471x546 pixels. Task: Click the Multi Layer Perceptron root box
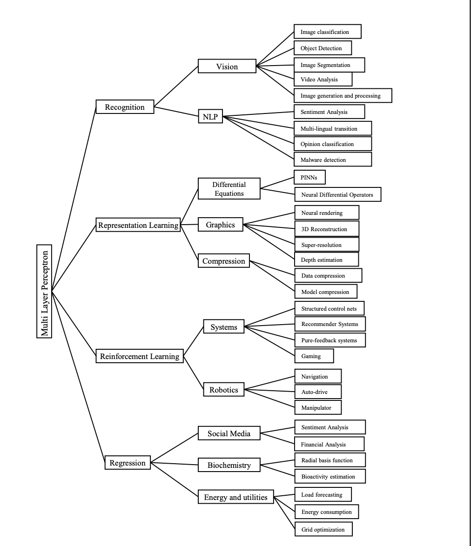[45, 291]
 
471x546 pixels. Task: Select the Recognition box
[125, 107]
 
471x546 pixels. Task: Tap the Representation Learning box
[138, 225]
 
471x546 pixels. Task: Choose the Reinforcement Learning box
[140, 356]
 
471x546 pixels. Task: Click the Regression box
[128, 463]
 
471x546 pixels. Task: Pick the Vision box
[227, 67]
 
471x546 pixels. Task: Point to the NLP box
[210, 117]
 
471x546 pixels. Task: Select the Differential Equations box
[229, 189]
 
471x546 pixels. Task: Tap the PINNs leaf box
[310, 177]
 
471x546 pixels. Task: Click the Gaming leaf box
[314, 356]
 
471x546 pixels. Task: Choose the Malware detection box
[333, 160]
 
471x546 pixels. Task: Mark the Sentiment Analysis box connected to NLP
[329, 112]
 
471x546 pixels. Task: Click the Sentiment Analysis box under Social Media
[330, 427]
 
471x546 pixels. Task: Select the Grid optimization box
[323, 529]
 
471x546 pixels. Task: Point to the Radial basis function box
[330, 460]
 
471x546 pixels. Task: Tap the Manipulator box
[318, 407]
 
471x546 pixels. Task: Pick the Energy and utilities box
[236, 497]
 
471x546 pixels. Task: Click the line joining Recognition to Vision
[176, 87]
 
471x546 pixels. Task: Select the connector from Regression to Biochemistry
[175, 464]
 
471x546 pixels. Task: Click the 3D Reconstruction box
[327, 229]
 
